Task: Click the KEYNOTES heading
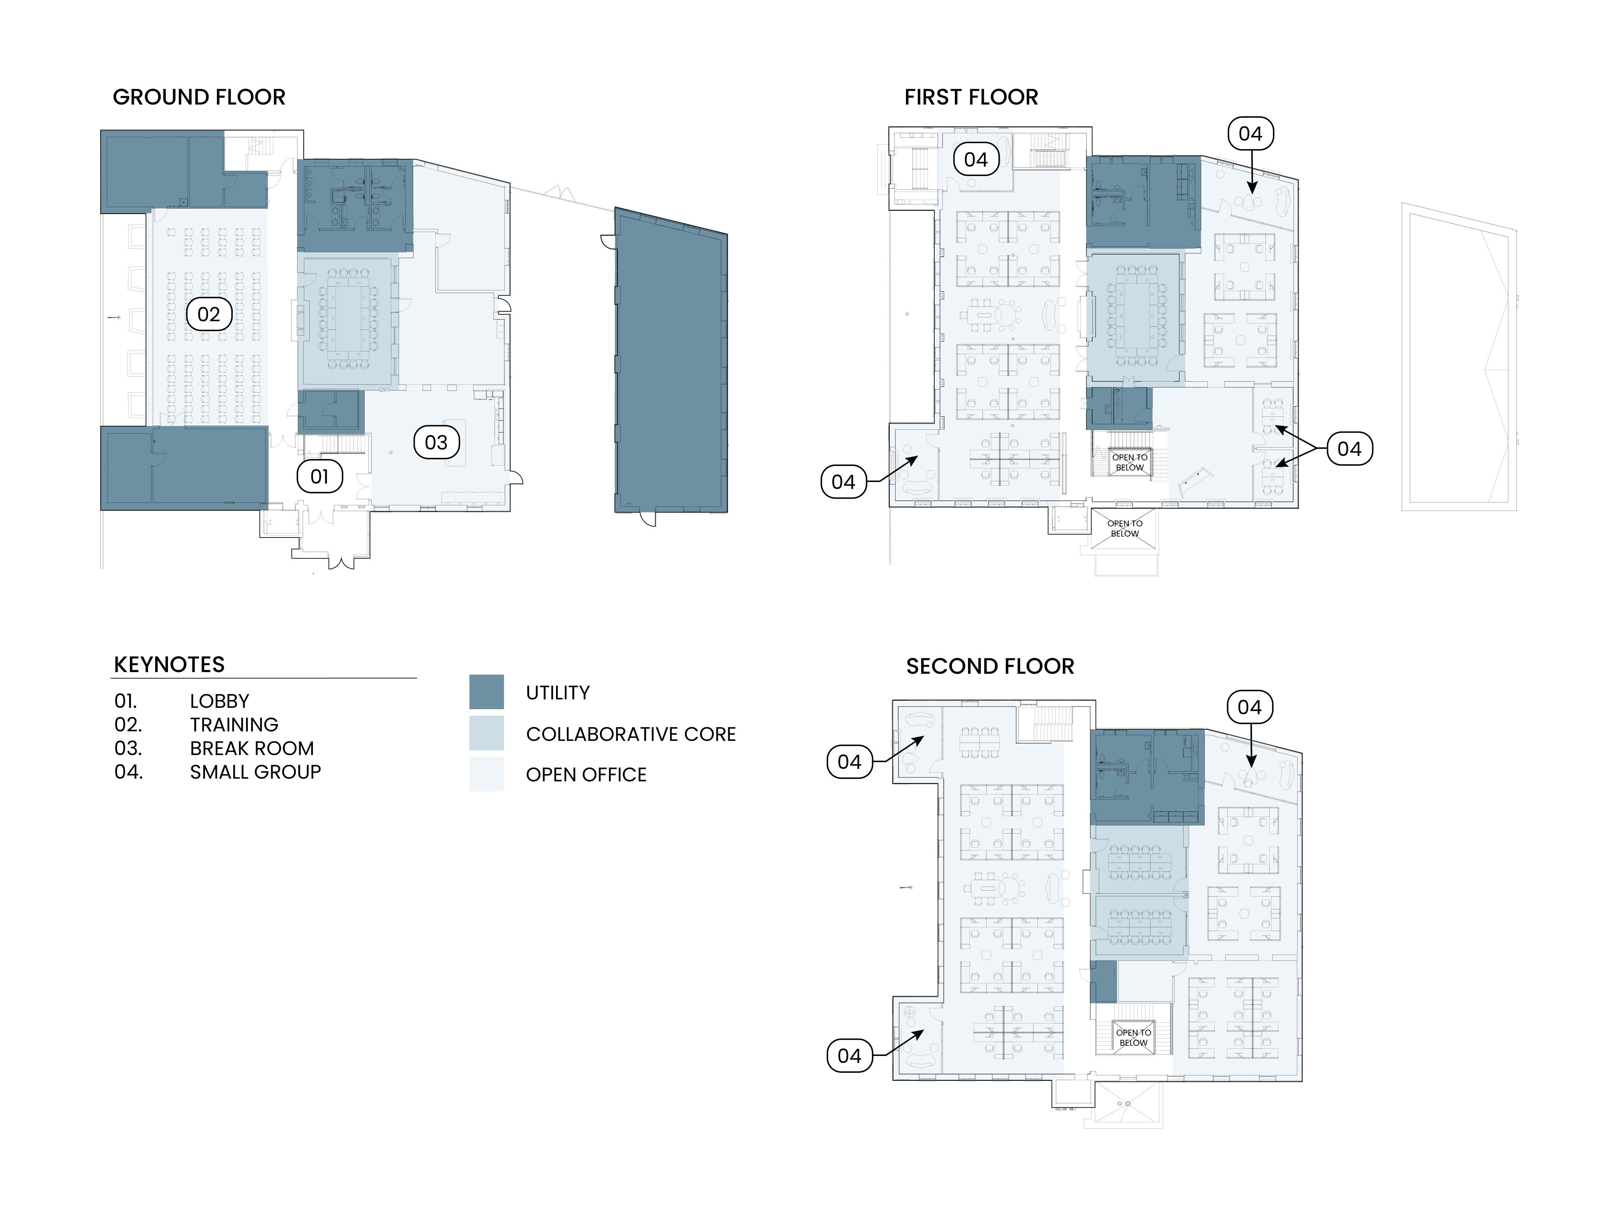169,664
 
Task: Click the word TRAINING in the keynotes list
234,724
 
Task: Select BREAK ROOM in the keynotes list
252,748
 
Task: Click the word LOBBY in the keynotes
220,701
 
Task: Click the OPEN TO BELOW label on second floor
1133,1038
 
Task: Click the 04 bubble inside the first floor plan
976,160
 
